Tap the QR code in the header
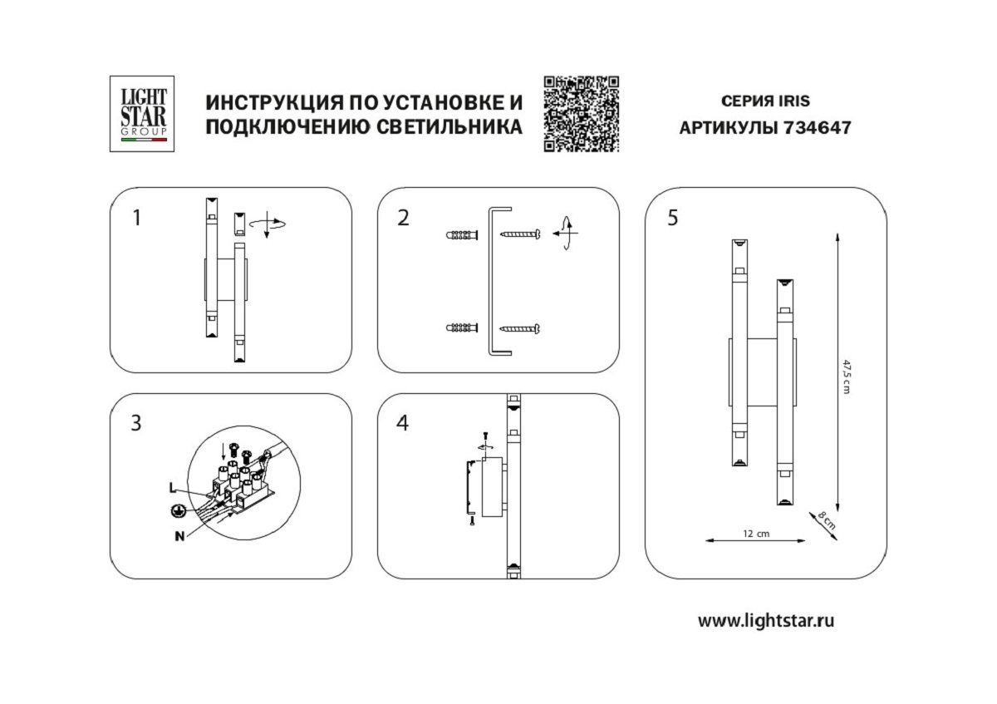[x=582, y=114]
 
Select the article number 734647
[x=819, y=129]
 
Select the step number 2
[x=404, y=219]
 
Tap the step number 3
[x=136, y=423]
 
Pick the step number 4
[x=403, y=423]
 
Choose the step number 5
[x=672, y=219]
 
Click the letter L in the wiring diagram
[x=171, y=486]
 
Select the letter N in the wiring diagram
[x=179, y=536]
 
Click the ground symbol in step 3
[x=176, y=512]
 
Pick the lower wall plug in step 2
[x=463, y=328]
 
